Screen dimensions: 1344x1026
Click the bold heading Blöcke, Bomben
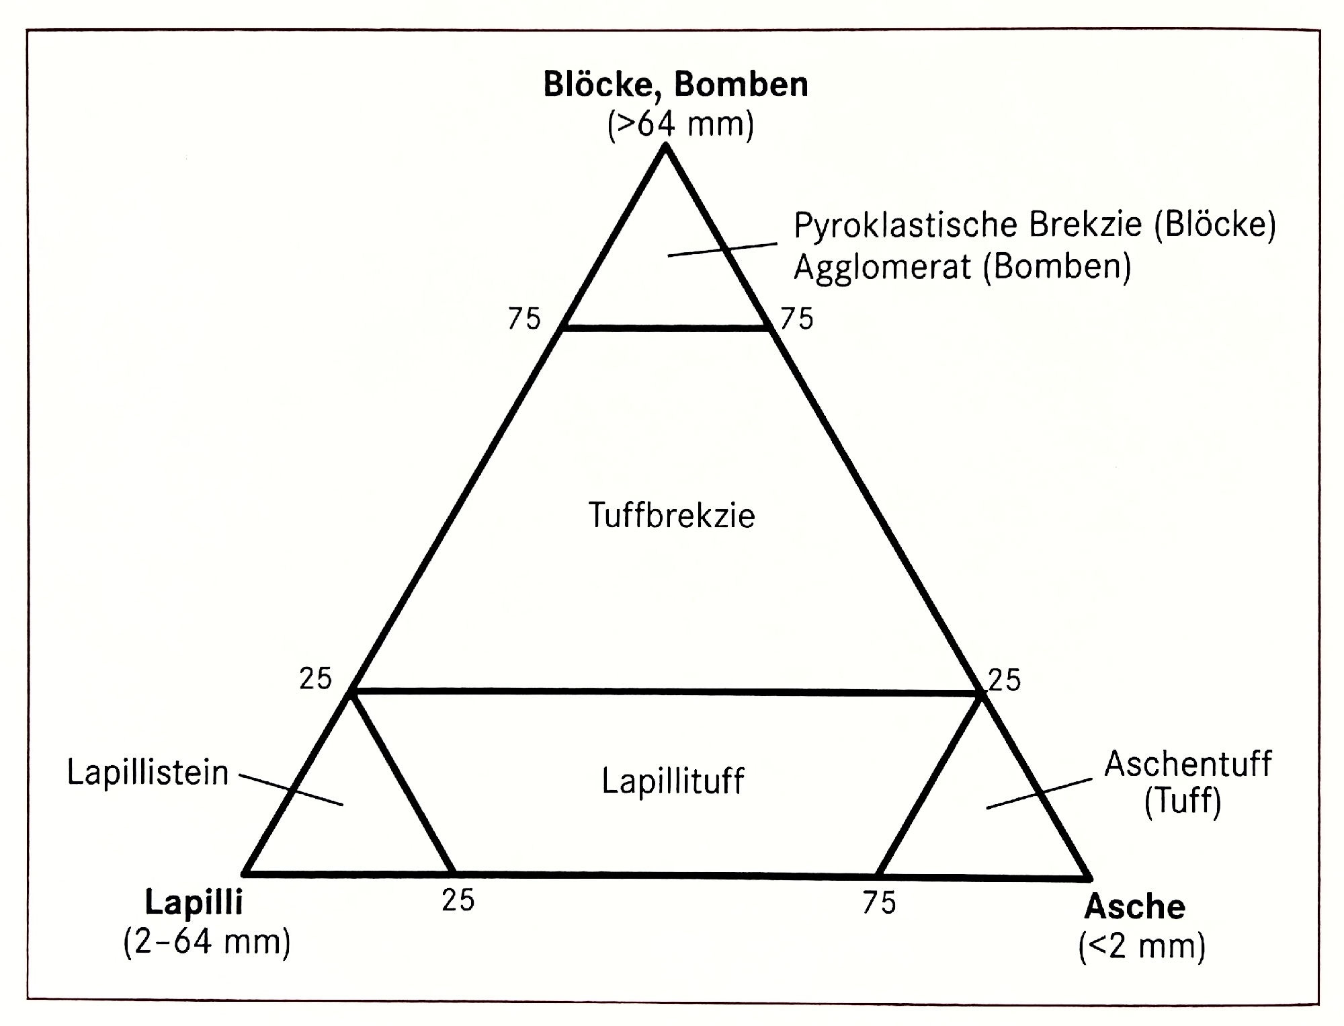click(x=675, y=85)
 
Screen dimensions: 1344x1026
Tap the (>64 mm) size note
click(x=680, y=124)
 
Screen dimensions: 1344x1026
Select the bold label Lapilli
click(x=194, y=903)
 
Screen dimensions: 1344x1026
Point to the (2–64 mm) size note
click(x=207, y=942)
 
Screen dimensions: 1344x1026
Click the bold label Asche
click(x=1135, y=907)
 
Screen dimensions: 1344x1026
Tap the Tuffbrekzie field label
click(x=672, y=516)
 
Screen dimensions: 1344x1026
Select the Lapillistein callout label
click(x=148, y=773)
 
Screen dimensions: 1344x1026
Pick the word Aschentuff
click(x=1188, y=764)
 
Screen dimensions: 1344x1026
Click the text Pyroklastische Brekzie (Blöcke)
click(x=1035, y=225)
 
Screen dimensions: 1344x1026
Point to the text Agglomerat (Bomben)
click(x=962, y=267)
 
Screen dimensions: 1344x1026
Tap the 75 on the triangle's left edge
click(x=524, y=319)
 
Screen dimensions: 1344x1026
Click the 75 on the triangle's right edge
click(x=797, y=319)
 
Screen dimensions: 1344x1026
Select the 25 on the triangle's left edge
click(x=316, y=679)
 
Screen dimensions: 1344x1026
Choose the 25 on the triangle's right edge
click(x=1005, y=680)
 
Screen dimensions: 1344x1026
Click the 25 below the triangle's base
click(x=458, y=900)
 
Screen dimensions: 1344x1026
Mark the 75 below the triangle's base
click(x=880, y=903)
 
